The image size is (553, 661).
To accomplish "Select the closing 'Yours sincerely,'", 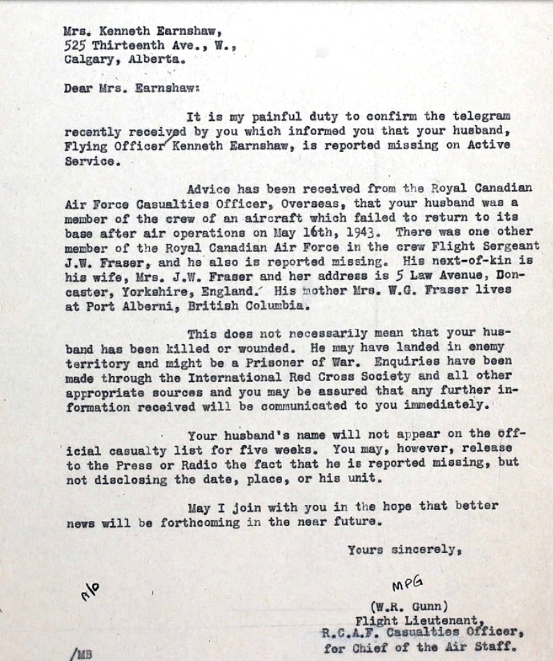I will pyautogui.click(x=404, y=550).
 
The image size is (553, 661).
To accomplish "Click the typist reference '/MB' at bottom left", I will pyautogui.click(x=80, y=653).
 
